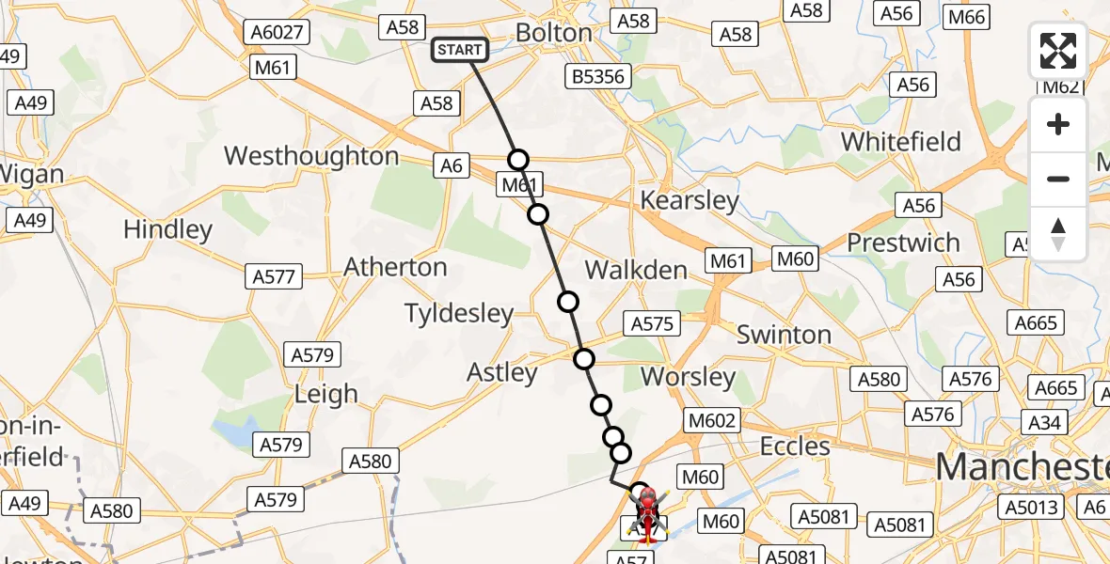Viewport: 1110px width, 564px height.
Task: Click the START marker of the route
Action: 459,50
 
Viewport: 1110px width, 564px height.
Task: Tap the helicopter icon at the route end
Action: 647,513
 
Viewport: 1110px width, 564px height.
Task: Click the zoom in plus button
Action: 1058,124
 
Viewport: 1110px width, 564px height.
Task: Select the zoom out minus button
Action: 1058,179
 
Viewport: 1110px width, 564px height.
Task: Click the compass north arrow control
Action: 1058,234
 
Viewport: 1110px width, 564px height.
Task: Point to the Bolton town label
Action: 554,33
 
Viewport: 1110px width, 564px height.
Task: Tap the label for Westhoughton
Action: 311,156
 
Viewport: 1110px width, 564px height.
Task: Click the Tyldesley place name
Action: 459,313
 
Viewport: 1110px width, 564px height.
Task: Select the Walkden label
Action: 636,270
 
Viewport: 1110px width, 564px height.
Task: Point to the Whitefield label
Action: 900,142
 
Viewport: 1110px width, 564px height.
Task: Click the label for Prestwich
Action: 903,243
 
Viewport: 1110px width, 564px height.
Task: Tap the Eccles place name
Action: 796,446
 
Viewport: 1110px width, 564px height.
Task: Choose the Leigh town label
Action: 325,394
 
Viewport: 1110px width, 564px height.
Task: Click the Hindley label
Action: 167,229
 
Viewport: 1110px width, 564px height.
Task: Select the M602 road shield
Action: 712,420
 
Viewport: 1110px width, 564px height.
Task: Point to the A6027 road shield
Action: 277,32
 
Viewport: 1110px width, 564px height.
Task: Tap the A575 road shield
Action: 651,323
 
